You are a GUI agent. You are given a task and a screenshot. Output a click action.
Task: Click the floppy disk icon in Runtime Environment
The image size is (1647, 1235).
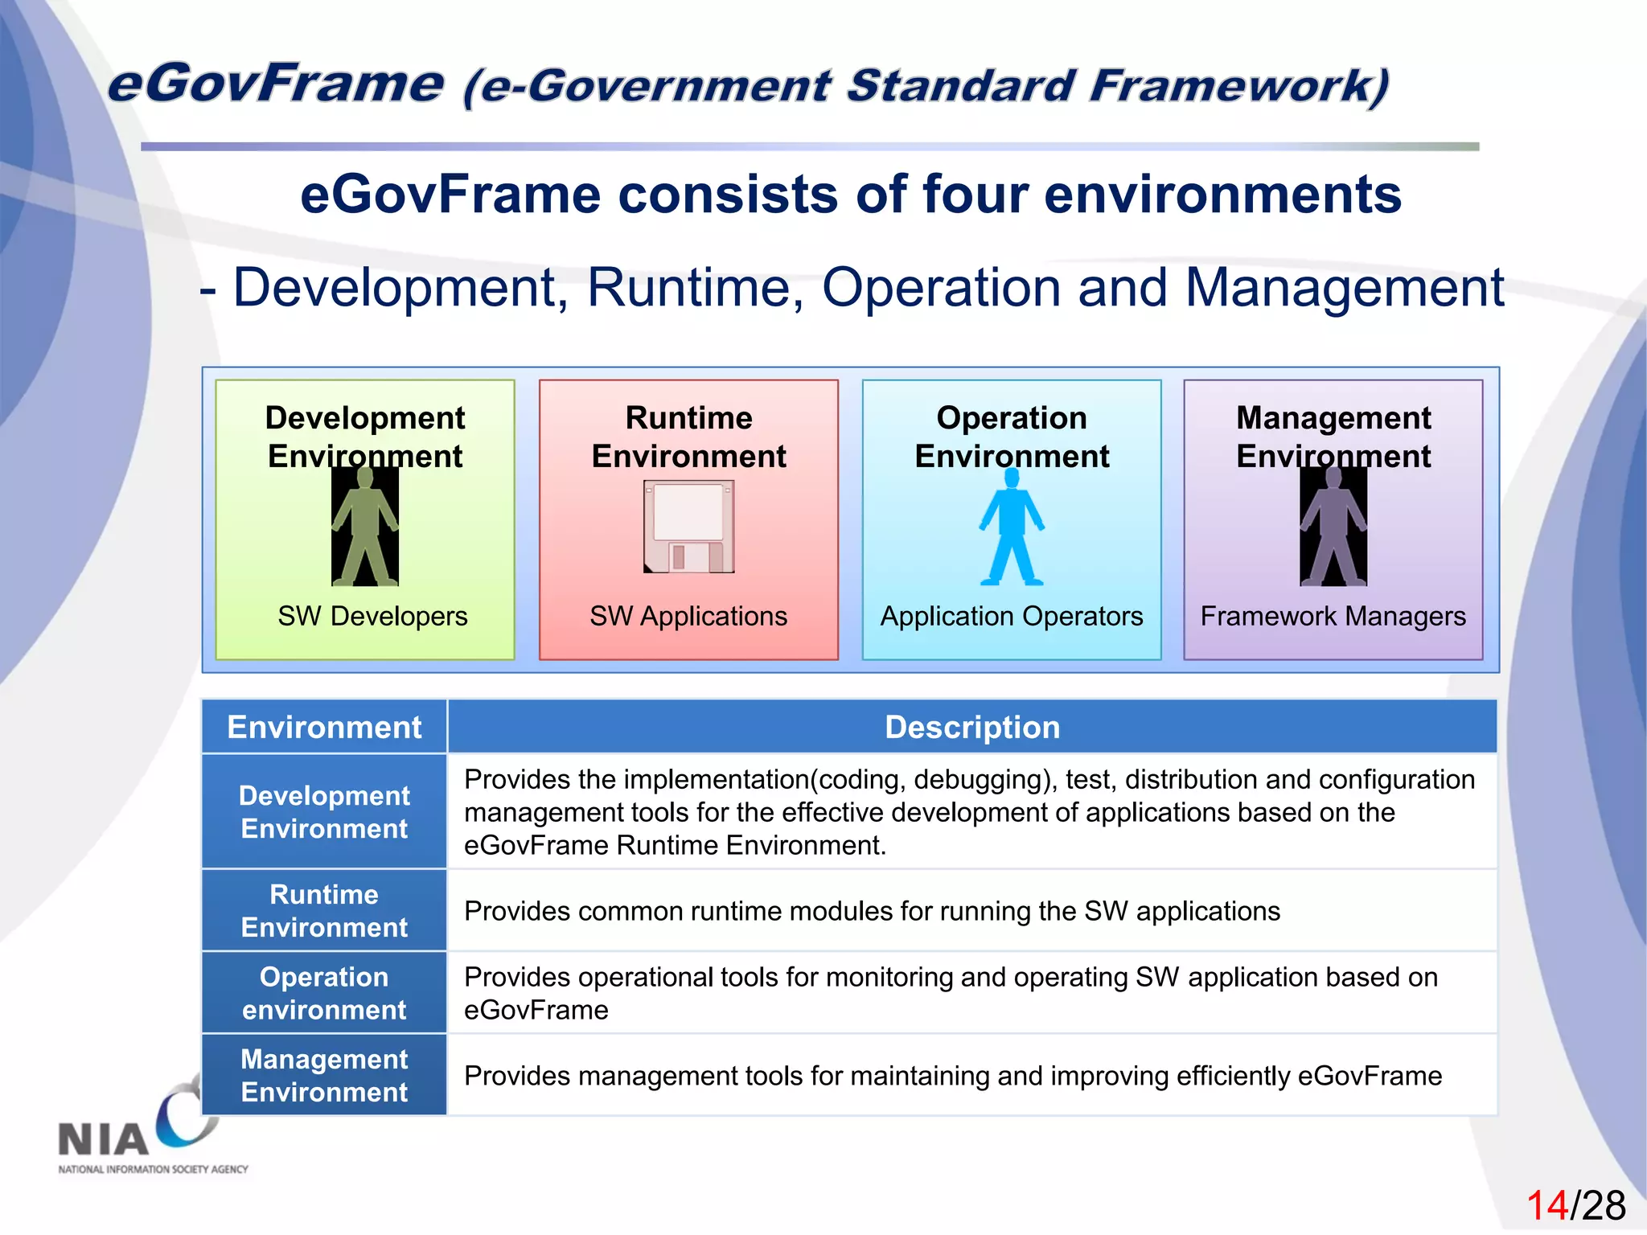[688, 527]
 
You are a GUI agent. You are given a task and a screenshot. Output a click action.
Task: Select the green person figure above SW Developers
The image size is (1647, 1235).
[365, 527]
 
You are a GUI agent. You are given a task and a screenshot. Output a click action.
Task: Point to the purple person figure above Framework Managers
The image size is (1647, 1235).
[1333, 527]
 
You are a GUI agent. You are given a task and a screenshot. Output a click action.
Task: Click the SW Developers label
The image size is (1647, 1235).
[372, 616]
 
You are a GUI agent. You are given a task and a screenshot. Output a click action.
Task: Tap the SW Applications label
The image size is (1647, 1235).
[688, 616]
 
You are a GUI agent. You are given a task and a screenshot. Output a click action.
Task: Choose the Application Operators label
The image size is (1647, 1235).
[1012, 616]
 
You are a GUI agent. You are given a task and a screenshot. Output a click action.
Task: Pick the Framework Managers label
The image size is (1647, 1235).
[1333, 616]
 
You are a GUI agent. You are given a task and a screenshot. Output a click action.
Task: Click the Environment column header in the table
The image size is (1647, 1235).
[324, 727]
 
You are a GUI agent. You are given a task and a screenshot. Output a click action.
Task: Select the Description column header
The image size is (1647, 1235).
[972, 727]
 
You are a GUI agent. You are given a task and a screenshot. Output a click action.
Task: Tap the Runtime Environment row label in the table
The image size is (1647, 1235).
[324, 910]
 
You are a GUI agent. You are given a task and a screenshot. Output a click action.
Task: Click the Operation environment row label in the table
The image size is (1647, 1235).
[324, 993]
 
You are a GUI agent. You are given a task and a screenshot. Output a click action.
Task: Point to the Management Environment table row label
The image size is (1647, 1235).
[324, 1075]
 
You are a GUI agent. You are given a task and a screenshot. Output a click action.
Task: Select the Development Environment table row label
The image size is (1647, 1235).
[324, 811]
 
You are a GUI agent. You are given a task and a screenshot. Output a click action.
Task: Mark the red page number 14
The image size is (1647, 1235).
[1546, 1205]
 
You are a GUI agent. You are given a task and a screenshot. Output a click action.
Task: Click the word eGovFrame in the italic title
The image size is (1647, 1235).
[275, 84]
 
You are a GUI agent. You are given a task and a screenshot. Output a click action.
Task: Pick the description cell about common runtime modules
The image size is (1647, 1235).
[872, 911]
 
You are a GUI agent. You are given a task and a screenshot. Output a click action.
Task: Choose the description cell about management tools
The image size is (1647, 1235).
[953, 1076]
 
